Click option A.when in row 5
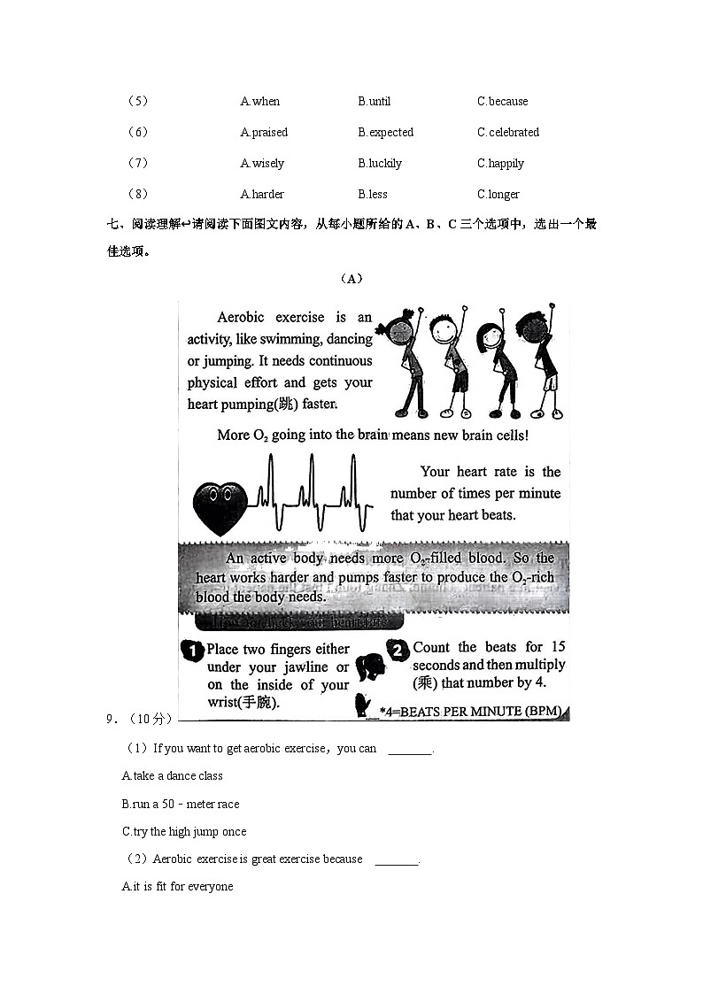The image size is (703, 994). (259, 102)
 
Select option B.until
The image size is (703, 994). (374, 102)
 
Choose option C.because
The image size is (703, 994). (502, 102)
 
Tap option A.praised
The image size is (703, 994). (264, 133)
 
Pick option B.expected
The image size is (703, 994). (385, 133)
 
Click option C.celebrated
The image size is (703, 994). (507, 133)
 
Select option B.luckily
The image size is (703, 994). (380, 164)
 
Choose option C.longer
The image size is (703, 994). (498, 195)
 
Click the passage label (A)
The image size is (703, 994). (351, 279)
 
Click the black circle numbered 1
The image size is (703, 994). (192, 651)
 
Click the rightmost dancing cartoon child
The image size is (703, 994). (542, 363)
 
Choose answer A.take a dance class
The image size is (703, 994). (172, 776)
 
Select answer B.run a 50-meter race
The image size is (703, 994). (180, 805)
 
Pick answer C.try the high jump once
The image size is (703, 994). (183, 832)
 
